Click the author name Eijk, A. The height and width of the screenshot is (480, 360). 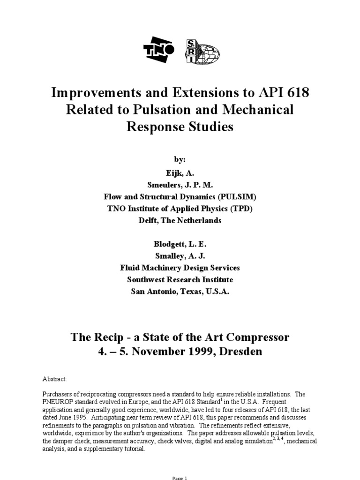click(180, 172)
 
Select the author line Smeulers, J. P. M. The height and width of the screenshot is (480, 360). click(180, 184)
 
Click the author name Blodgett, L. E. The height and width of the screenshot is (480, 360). click(180, 244)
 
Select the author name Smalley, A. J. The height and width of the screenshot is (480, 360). click(180, 255)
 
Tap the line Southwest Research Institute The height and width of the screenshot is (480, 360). click(180, 279)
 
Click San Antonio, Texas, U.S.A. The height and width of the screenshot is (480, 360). click(180, 291)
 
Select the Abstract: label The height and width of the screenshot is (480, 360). click(54, 378)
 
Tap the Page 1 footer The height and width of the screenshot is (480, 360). click(180, 478)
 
